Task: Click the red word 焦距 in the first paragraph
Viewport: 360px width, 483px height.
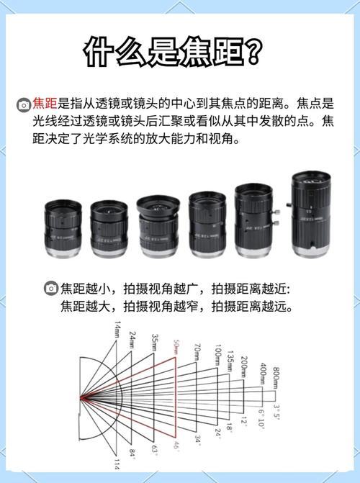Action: pyautogui.click(x=45, y=104)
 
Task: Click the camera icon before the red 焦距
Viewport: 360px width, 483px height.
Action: pyautogui.click(x=23, y=104)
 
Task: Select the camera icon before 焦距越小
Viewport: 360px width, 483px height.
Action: pyautogui.click(x=50, y=289)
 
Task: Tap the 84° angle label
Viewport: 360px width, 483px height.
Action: pyautogui.click(x=132, y=453)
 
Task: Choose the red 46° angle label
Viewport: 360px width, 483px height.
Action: pyautogui.click(x=175, y=446)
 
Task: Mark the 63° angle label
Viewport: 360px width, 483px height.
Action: pyautogui.click(x=154, y=450)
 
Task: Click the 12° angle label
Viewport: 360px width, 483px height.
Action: pyautogui.click(x=244, y=420)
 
